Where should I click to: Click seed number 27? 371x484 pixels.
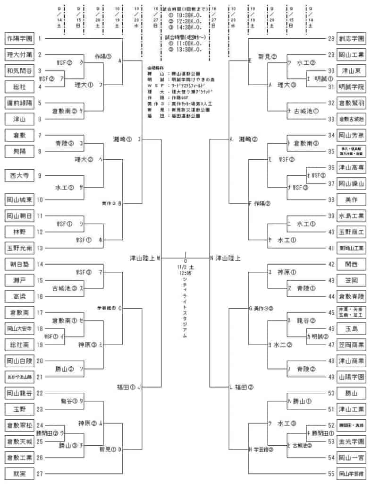(x=40, y=473)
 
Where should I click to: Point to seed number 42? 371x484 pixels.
(x=331, y=264)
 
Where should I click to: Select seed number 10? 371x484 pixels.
(x=40, y=199)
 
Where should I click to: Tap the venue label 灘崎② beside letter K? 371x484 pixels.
(x=248, y=139)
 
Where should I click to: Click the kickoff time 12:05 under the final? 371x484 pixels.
(x=185, y=273)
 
